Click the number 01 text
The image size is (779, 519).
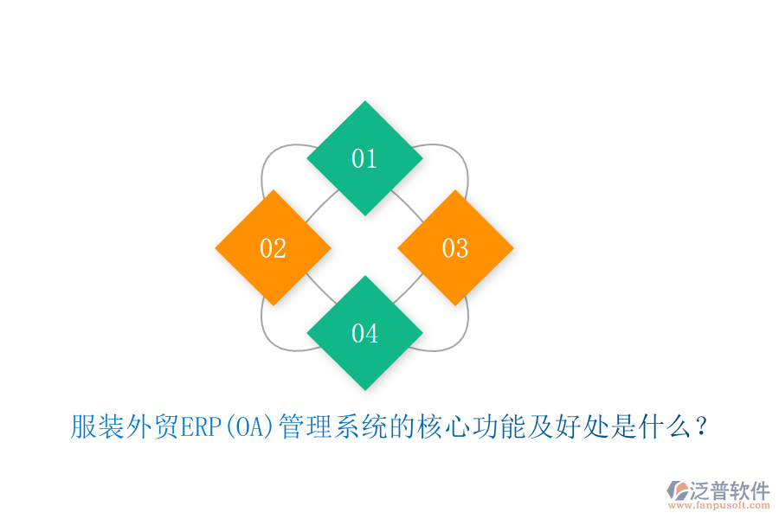coord(364,158)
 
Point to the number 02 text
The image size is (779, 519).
coord(273,248)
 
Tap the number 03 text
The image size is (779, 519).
coord(455,248)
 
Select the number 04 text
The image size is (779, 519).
coord(364,333)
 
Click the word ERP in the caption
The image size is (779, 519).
coord(202,426)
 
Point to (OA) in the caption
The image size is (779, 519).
coord(249,426)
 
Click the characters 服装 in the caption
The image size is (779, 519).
coord(98,426)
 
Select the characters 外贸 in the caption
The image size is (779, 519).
coord(152,426)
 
